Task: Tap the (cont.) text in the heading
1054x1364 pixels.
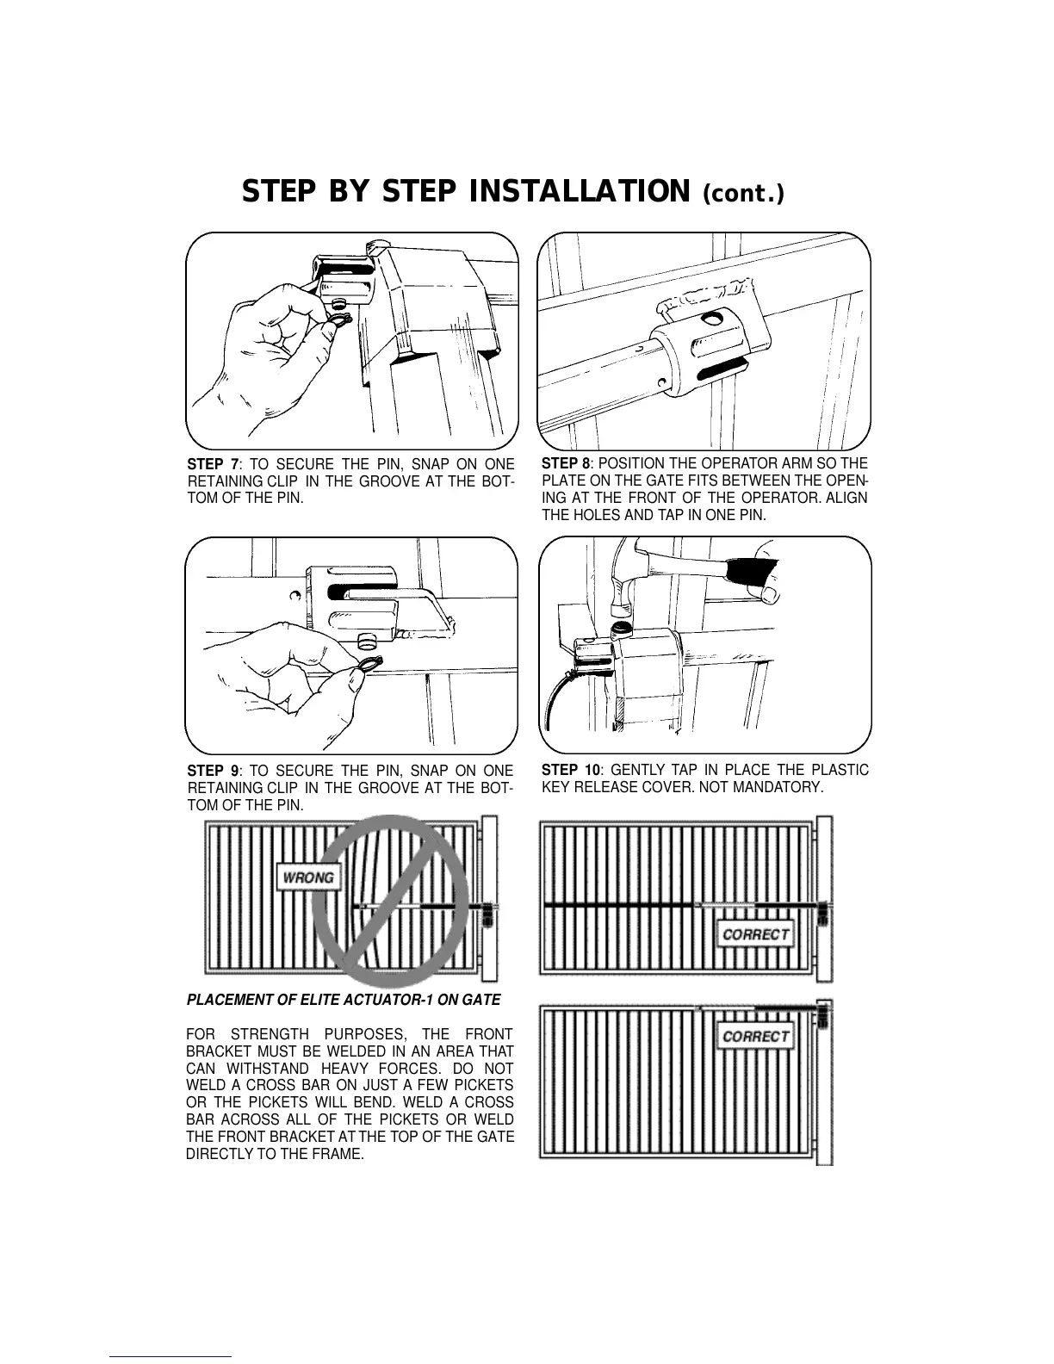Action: click(743, 194)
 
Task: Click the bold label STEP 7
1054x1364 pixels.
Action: click(213, 464)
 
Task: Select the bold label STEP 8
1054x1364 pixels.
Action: click(567, 463)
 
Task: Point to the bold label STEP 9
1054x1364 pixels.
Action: click(213, 771)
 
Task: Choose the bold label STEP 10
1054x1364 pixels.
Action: click(570, 770)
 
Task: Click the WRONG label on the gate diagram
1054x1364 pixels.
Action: click(308, 877)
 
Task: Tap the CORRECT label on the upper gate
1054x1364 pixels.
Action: click(755, 933)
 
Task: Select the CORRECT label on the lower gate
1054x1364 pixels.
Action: click(755, 1036)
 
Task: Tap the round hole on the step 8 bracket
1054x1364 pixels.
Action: click(711, 319)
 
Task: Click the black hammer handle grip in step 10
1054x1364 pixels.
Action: click(751, 571)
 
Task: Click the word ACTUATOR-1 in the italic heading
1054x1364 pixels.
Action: click(413, 1000)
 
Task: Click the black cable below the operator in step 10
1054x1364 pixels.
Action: click(551, 697)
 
